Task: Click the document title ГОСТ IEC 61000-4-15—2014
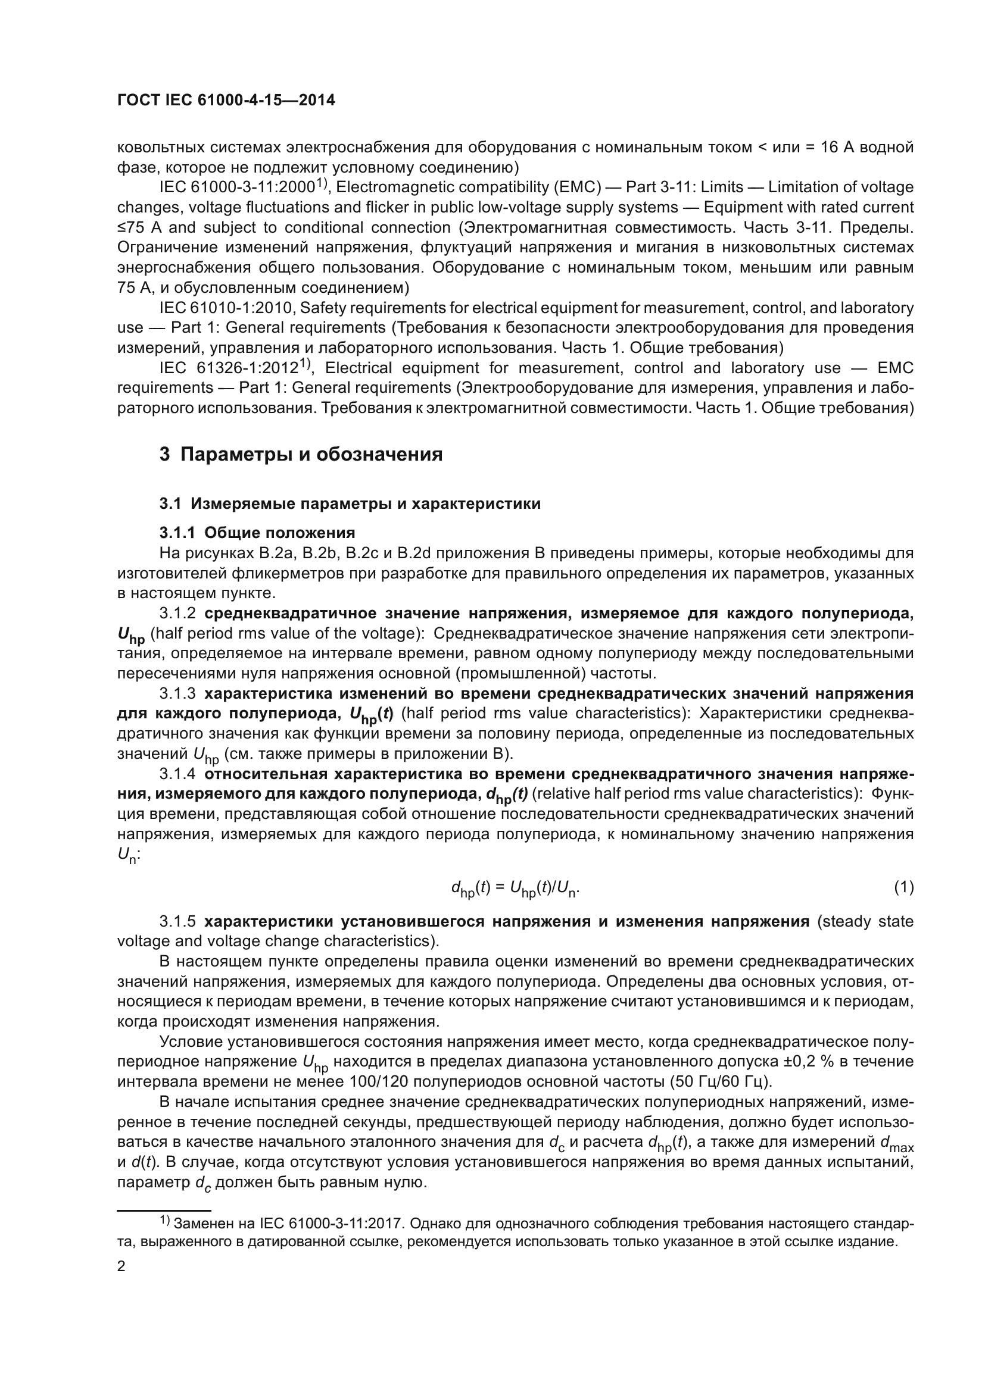tap(226, 101)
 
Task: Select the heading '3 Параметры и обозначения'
tap(301, 454)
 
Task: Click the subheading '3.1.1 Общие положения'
tap(257, 533)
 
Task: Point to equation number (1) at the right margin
tap(903, 887)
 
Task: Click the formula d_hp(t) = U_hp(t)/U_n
tap(515, 889)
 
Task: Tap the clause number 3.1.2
tap(177, 614)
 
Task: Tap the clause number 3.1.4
tap(177, 774)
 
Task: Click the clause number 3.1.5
tap(177, 921)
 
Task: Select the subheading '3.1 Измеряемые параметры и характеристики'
tap(350, 504)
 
